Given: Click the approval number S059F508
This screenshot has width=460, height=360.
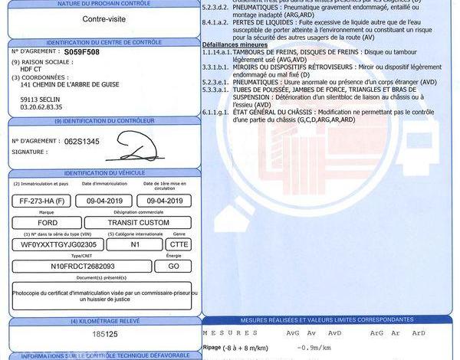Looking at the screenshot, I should pos(81,53).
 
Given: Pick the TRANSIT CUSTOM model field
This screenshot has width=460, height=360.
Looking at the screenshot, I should pos(140,224).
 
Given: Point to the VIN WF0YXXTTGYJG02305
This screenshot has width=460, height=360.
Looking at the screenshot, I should pos(59,244).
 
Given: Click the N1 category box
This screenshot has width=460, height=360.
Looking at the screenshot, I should pos(135,244).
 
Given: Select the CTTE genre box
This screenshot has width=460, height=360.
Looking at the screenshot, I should pos(179,244).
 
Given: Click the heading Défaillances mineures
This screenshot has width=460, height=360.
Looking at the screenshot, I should pos(234,45).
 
